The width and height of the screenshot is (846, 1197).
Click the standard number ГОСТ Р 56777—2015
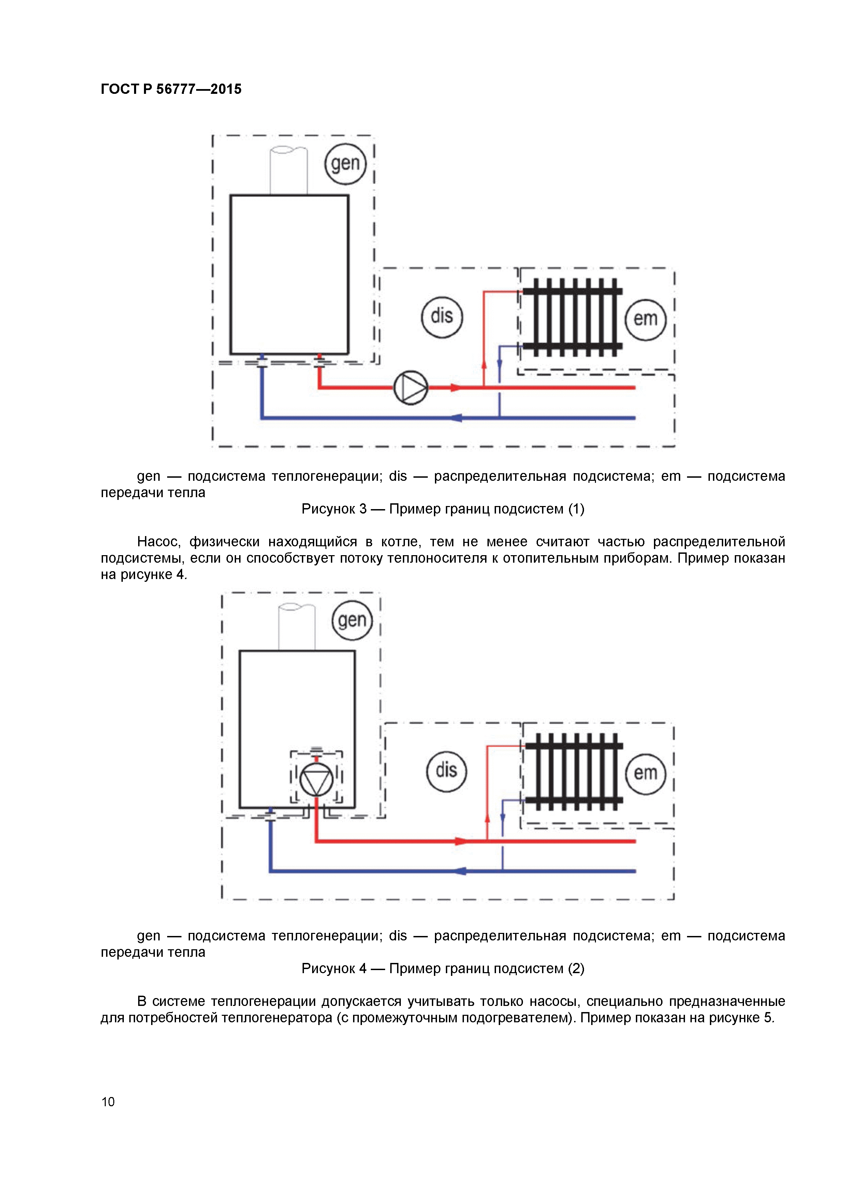(x=171, y=89)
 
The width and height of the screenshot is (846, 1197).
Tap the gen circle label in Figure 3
(x=345, y=164)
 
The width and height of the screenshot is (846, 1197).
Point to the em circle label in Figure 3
(x=645, y=319)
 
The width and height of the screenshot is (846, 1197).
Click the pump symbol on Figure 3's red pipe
(x=411, y=387)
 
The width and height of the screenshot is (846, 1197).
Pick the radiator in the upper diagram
(x=572, y=317)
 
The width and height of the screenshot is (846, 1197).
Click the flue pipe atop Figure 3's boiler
(x=288, y=171)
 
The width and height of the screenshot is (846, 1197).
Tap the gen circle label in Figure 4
(x=352, y=620)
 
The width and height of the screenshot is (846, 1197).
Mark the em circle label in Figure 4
(x=645, y=773)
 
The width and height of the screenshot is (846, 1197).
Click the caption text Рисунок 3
(x=334, y=509)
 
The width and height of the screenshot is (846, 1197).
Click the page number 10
(x=108, y=1101)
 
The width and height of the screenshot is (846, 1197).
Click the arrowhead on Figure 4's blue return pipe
(x=460, y=871)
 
